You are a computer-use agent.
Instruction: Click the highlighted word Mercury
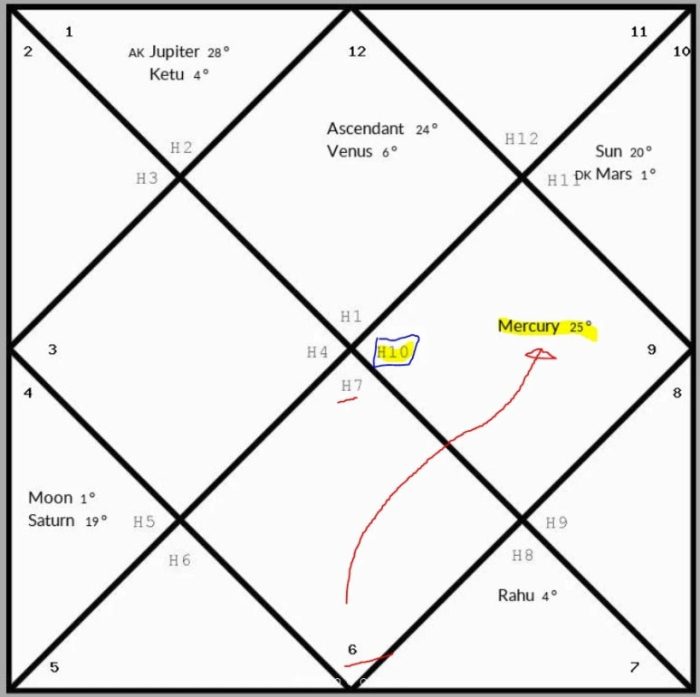click(528, 327)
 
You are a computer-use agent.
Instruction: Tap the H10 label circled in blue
click(395, 352)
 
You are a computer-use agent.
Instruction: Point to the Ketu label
click(168, 74)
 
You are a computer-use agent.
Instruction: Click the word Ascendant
click(366, 129)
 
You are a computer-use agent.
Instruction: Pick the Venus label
click(350, 151)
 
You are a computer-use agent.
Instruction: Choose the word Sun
click(609, 151)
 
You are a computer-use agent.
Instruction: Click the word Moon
click(50, 498)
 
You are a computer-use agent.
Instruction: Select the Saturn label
click(52, 520)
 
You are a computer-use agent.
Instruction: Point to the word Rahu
click(516, 595)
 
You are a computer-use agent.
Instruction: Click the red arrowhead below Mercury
click(541, 354)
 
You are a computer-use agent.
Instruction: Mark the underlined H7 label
click(351, 387)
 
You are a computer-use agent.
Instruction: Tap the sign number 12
click(357, 52)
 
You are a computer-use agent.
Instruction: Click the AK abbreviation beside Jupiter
click(137, 53)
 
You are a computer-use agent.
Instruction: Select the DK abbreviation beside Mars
click(582, 175)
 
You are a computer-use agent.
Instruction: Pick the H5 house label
click(144, 521)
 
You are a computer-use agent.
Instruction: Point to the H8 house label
click(523, 555)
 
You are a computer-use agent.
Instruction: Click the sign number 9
click(651, 349)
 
